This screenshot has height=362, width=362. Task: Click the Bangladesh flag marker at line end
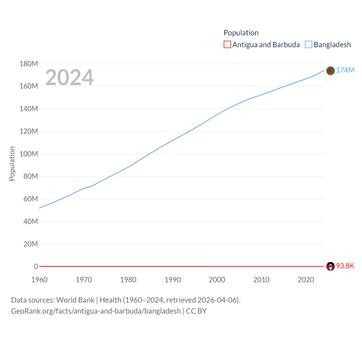pos(330,70)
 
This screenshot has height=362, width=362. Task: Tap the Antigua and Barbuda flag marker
pos(330,266)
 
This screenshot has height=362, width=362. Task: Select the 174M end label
pos(345,70)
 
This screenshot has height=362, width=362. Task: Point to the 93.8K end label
pos(345,266)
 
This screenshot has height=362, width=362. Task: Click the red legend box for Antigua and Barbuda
pos(227,45)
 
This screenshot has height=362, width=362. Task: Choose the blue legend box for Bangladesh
pos(309,45)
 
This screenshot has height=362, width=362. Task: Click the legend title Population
pos(241,33)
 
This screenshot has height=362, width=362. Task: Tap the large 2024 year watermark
pos(69,77)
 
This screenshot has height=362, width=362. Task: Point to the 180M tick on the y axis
pos(29,64)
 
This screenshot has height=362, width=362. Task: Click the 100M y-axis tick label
pos(29,154)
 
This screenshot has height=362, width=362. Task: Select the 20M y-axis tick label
pos(31,244)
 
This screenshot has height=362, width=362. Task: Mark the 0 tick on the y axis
pos(36,266)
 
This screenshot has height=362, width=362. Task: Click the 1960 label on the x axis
pos(40,280)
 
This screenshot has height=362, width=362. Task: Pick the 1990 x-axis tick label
pos(173,280)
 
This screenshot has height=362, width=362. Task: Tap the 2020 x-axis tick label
pos(306,280)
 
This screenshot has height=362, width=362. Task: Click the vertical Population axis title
pos(12,163)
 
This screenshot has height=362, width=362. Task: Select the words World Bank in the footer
pos(75,300)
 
